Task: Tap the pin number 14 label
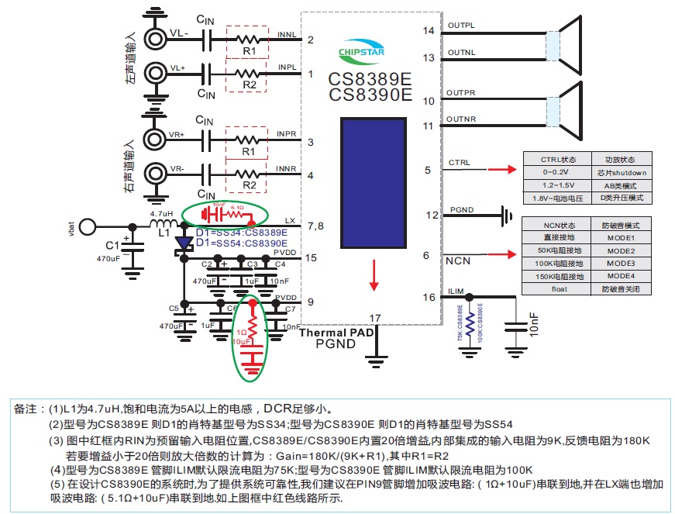pos(429,31)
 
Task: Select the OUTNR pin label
pos(460,119)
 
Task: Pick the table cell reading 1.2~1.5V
pos(556,186)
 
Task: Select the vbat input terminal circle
pos(88,226)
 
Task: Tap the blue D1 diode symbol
pos(183,244)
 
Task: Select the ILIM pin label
pos(456,291)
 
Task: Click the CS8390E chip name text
pos(370,95)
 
